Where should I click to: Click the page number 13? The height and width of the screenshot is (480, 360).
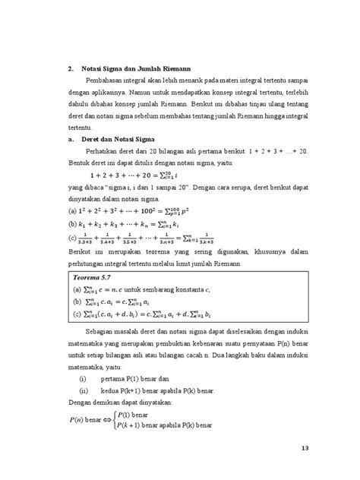[x=306, y=447]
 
